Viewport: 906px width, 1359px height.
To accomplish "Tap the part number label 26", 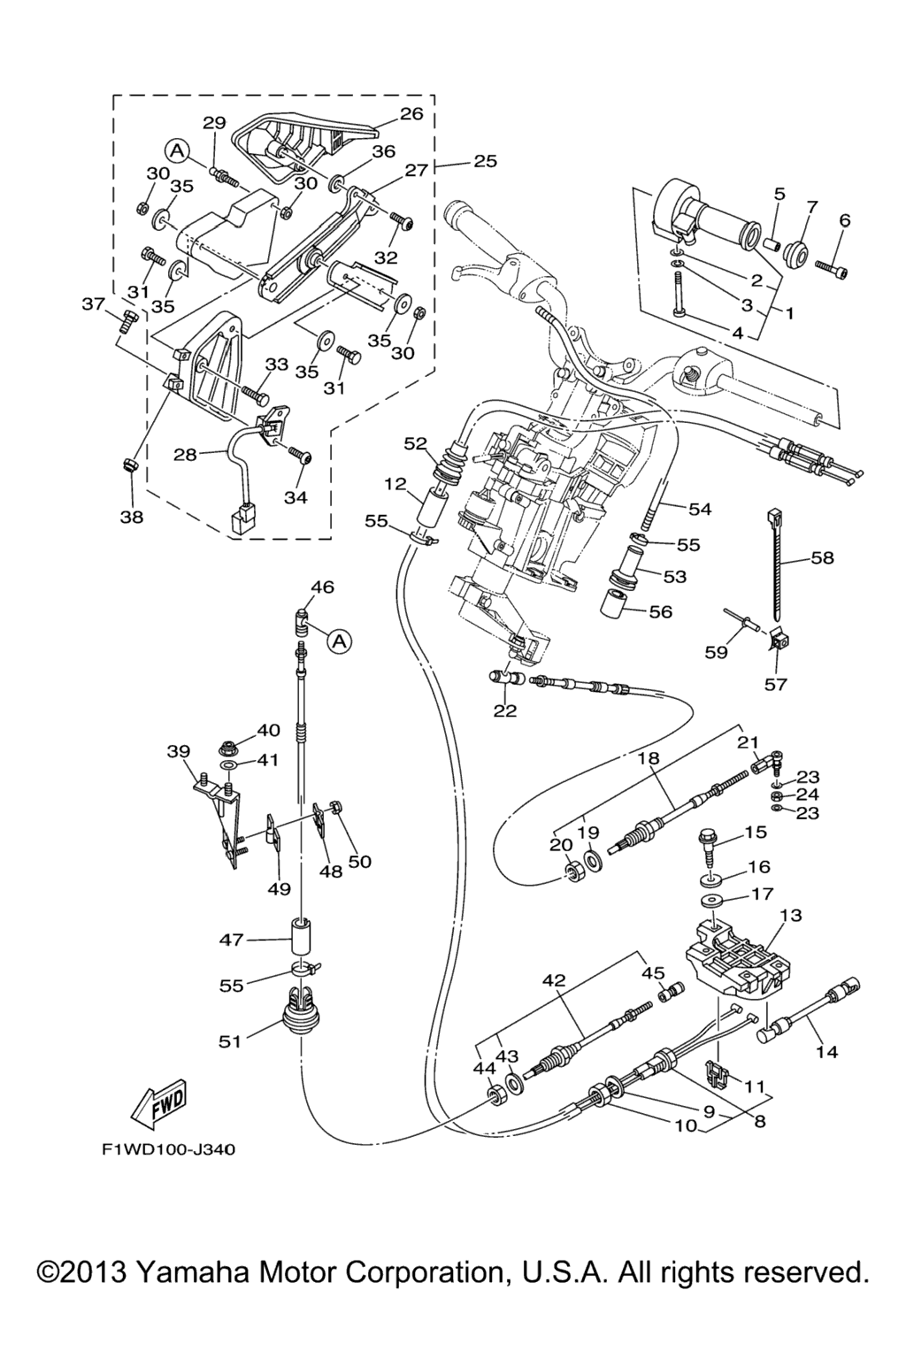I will click(x=411, y=113).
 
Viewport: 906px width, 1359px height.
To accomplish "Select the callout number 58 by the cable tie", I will click(x=822, y=558).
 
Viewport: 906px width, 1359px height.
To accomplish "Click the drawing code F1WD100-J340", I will click(x=168, y=1150).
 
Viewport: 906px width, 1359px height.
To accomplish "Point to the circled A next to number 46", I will click(x=338, y=641).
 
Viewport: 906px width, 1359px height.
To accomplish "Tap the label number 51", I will click(x=230, y=1041).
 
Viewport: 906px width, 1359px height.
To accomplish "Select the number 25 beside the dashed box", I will click(x=485, y=161).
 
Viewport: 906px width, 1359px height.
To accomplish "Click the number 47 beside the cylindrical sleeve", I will click(x=232, y=941).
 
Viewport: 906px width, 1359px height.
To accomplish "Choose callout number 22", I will click(x=505, y=710).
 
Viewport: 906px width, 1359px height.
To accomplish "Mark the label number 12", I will click(x=395, y=484).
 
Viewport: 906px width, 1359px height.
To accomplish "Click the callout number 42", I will click(x=553, y=980).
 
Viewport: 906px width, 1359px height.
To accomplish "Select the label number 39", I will click(x=179, y=751).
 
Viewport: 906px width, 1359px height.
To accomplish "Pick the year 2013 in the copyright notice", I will click(x=85, y=1273).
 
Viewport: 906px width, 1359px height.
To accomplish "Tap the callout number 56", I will click(x=660, y=611).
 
